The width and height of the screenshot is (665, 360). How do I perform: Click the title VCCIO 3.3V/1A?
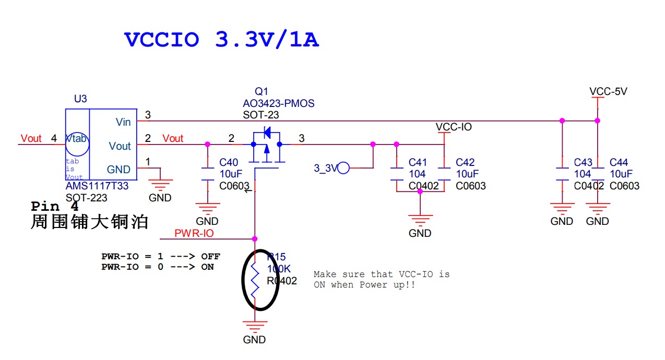pyautogui.click(x=221, y=40)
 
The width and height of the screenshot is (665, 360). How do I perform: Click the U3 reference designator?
pyautogui.click(x=80, y=99)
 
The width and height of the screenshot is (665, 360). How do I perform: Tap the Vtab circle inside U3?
pyautogui.click(x=77, y=143)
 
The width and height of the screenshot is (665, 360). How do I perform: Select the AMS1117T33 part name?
pyautogui.click(x=97, y=186)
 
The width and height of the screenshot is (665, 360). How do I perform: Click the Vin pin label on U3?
pyautogui.click(x=123, y=122)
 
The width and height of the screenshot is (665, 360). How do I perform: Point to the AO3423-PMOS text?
pyautogui.click(x=278, y=103)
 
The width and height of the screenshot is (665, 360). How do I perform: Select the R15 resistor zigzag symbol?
pyautogui.click(x=255, y=280)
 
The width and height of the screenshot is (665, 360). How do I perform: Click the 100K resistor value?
pyautogui.click(x=279, y=269)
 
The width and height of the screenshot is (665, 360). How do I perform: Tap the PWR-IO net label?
pyautogui.click(x=194, y=233)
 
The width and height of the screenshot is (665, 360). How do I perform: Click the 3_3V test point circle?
pyautogui.click(x=343, y=168)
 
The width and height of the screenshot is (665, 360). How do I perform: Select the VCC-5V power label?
pyautogui.click(x=608, y=91)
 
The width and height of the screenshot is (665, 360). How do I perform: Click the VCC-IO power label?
pyautogui.click(x=453, y=127)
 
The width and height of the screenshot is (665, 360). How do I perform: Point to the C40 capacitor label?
pyautogui.click(x=229, y=163)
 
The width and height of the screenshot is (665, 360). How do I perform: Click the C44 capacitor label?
pyautogui.click(x=619, y=163)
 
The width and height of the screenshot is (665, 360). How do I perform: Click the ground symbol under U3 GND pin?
pyautogui.click(x=160, y=184)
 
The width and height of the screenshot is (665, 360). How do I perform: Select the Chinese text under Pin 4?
pyautogui.click(x=90, y=222)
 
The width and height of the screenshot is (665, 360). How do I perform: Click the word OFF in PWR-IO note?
pyautogui.click(x=210, y=256)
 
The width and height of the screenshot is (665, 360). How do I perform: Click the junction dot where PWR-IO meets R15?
pyautogui.click(x=255, y=239)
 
